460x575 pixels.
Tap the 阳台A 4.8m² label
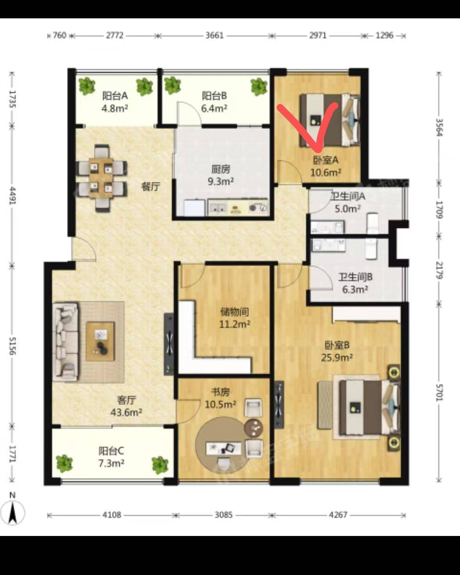(x=115, y=102)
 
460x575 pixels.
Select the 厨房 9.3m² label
(x=221, y=175)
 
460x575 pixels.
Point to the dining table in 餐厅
(x=101, y=178)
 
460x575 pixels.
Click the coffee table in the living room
(x=100, y=342)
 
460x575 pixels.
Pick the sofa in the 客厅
(x=66, y=342)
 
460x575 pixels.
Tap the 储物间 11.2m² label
(x=234, y=318)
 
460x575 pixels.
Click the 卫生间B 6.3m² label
(x=355, y=283)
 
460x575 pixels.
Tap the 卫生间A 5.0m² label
(x=348, y=203)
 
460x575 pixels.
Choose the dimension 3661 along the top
(x=215, y=36)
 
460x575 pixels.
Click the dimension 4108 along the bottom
(x=112, y=514)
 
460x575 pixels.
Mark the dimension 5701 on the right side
(x=439, y=393)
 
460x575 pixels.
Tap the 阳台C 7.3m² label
(x=112, y=457)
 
